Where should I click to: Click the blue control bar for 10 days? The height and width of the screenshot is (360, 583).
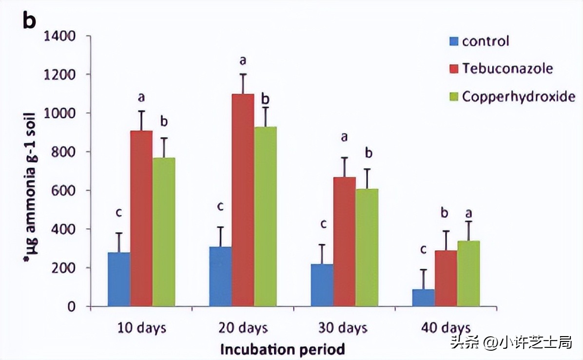[119, 279]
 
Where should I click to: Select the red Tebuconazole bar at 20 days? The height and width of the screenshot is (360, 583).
[243, 200]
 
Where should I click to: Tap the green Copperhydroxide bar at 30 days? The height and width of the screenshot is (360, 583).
[367, 247]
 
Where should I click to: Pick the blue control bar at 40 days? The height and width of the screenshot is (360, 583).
[424, 298]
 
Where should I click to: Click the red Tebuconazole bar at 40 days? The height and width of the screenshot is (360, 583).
[446, 278]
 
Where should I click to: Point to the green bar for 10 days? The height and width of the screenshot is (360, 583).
[164, 232]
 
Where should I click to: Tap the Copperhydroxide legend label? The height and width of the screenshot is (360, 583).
[518, 97]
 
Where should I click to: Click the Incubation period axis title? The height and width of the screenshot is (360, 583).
[283, 349]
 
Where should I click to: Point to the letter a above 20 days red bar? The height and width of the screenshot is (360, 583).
[243, 60]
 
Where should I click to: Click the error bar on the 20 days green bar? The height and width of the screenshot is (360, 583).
[266, 116]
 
